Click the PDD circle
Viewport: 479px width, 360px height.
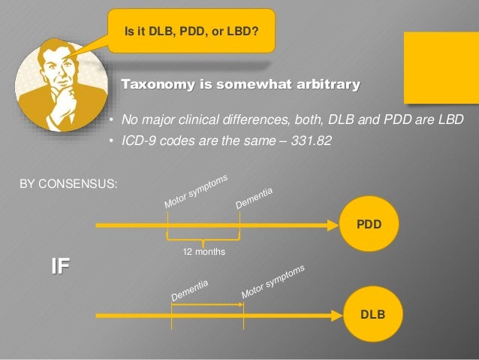[x=369, y=223]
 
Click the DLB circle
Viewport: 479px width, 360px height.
[x=369, y=314]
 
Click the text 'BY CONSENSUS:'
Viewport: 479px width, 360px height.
[x=68, y=183]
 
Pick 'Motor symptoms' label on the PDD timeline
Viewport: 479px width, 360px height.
[x=196, y=192]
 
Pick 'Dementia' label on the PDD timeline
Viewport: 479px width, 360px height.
[x=255, y=198]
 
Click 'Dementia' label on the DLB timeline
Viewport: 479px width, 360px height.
[x=189, y=290]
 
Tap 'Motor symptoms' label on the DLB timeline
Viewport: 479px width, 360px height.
[x=273, y=282]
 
